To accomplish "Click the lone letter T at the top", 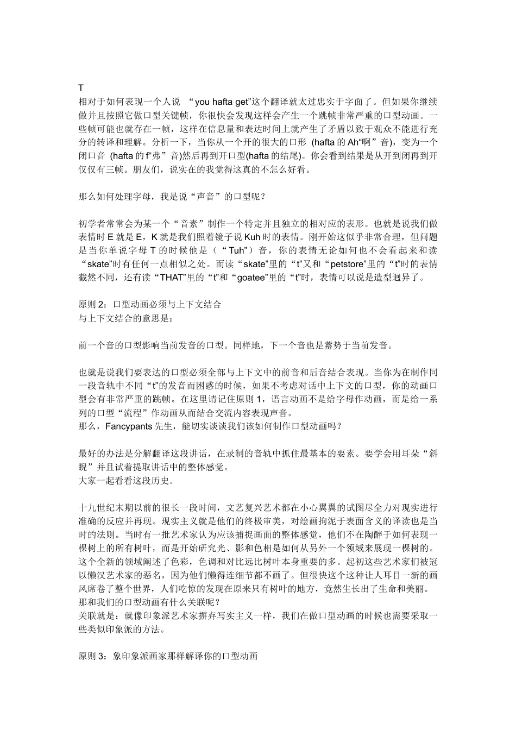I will [x=81, y=87].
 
